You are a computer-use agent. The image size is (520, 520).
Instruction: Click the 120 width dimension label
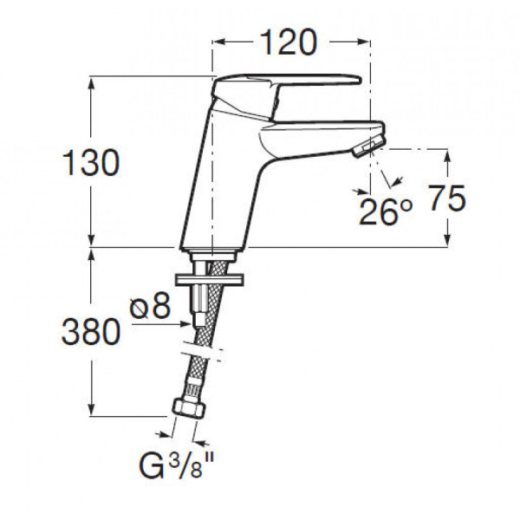288,42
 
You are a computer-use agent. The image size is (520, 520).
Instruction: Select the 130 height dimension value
91,163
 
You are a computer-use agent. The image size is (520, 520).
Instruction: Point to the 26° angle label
386,212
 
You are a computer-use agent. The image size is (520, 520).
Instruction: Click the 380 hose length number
91,331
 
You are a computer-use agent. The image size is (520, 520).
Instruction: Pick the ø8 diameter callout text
150,306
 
